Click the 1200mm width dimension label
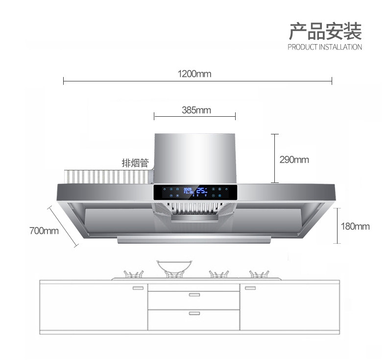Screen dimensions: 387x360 [194, 74]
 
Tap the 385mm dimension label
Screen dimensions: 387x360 [196, 110]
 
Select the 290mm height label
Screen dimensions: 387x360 [294, 159]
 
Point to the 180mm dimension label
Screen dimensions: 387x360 [355, 226]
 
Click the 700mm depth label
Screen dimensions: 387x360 [44, 231]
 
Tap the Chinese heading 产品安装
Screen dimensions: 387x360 [325, 31]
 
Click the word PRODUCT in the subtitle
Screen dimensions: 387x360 [302, 48]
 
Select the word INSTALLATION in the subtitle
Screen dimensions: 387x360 [340, 48]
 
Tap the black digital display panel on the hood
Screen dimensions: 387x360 [195, 192]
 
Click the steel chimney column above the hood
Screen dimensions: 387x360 [195, 157]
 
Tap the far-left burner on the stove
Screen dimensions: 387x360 [133, 274]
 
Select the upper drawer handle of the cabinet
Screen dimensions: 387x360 [194, 295]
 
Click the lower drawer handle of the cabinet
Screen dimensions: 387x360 [194, 312]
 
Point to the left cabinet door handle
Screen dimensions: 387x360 [138, 288]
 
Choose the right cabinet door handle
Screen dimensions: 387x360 [250, 288]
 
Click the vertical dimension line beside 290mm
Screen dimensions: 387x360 [275, 158]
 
